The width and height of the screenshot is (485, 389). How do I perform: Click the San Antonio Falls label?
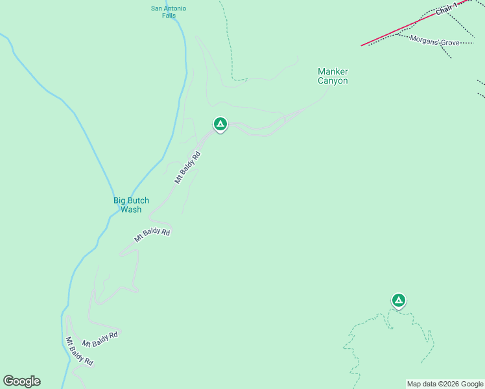(169, 12)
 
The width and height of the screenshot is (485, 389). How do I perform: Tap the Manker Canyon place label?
(333, 76)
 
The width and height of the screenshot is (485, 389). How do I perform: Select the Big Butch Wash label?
(131, 205)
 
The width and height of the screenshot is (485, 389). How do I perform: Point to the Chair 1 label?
(447, 8)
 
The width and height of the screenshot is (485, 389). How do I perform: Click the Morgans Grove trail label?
(435, 40)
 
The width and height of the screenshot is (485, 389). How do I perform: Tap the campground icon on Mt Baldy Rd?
(220, 124)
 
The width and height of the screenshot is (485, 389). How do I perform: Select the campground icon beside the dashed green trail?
(399, 300)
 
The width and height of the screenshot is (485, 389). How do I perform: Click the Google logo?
(21, 381)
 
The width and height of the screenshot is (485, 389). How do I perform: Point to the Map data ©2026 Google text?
(445, 384)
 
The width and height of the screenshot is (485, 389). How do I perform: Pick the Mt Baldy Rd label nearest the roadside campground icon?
(187, 167)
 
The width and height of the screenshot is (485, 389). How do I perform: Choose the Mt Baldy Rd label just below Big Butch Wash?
(152, 235)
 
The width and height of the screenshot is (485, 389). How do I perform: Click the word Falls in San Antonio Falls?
(169, 16)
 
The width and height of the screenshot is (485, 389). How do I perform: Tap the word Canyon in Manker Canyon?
(333, 81)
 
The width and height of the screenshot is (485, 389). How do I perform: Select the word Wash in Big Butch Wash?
(131, 209)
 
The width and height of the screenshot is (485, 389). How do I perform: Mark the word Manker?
(333, 71)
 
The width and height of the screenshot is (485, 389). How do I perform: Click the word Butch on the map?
(138, 200)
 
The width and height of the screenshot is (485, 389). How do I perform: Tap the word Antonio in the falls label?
(175, 8)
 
